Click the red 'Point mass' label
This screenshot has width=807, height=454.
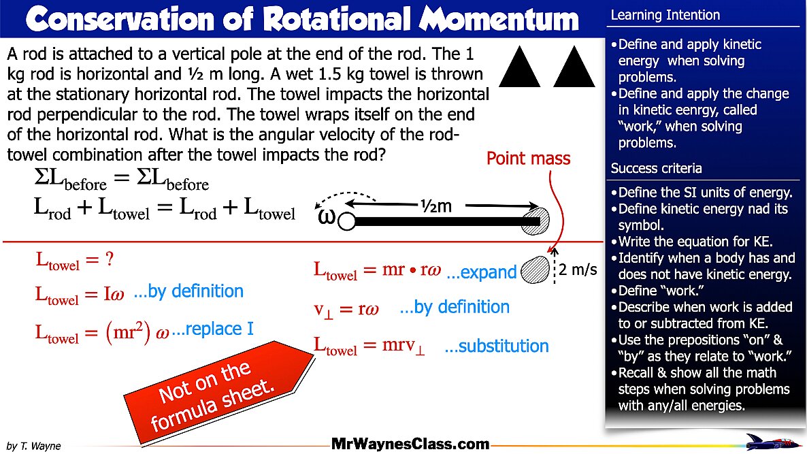tap(528, 159)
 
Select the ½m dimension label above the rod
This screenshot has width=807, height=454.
tap(435, 205)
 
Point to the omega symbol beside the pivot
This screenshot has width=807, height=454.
tap(327, 217)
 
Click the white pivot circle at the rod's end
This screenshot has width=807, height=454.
tap(346, 221)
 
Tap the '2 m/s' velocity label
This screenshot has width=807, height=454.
tap(578, 270)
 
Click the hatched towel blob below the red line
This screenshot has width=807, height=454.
tap(536, 270)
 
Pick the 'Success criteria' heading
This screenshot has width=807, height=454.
tap(646, 168)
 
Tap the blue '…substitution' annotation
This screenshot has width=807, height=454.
tap(496, 346)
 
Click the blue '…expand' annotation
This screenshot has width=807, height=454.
tap(481, 273)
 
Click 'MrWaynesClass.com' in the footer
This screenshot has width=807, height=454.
tap(410, 444)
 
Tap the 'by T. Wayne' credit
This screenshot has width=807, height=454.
tap(33, 446)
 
